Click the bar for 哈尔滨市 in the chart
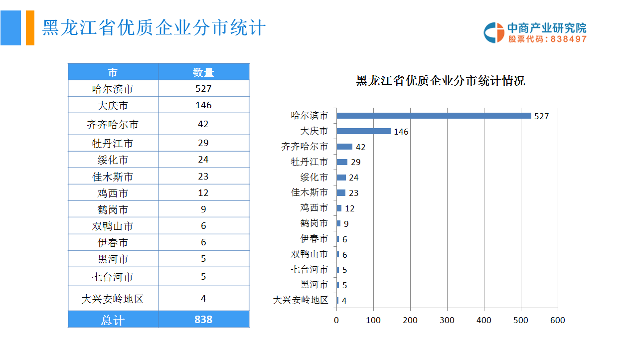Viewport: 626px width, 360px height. [x=434, y=116]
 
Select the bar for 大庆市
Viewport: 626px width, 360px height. [x=363, y=131]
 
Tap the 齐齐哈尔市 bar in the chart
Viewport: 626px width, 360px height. [x=344, y=147]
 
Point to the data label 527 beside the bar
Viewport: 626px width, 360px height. [x=541, y=116]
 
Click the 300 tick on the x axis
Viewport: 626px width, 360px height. [x=447, y=320]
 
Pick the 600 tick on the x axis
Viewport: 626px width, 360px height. [x=558, y=320]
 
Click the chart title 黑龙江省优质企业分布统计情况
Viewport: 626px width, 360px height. [x=441, y=81]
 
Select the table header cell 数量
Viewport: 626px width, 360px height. [x=203, y=72]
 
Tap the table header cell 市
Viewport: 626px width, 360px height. [x=113, y=72]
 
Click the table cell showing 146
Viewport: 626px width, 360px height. [x=203, y=105]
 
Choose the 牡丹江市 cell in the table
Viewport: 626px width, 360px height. [x=113, y=143]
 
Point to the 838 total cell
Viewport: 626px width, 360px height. [x=203, y=320]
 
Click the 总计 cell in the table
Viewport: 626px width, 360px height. [x=113, y=320]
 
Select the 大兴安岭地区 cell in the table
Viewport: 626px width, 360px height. [x=113, y=299]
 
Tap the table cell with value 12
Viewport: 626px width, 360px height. [x=203, y=193]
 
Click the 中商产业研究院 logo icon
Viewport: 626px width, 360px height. [x=494, y=32]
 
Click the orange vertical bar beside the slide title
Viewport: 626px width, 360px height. [x=30, y=28]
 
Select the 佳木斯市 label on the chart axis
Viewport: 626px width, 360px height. [x=310, y=192]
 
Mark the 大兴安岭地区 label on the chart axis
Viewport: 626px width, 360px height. [x=301, y=300]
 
